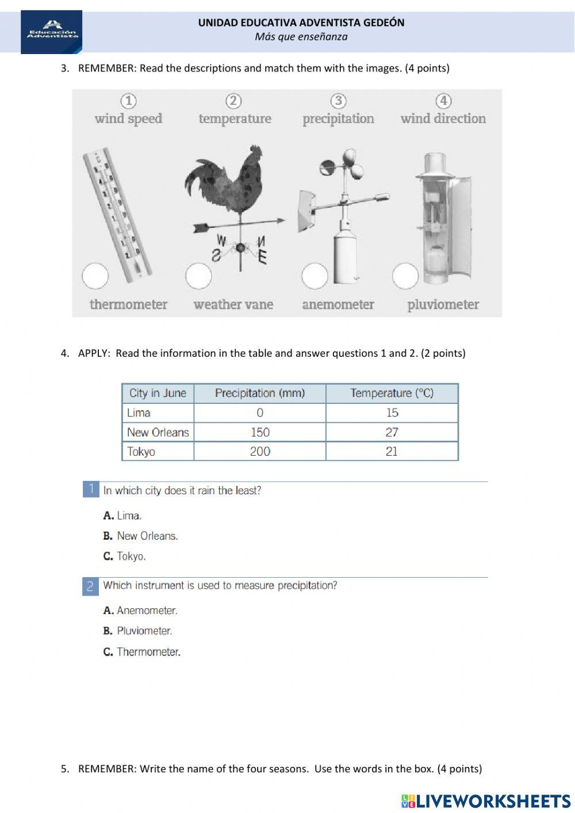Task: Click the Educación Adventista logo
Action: click(51, 32)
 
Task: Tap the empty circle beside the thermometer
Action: click(95, 276)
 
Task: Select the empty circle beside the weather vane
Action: click(198, 276)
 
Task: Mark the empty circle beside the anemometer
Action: click(315, 276)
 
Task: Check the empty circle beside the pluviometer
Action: click(405, 276)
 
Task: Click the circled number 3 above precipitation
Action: click(339, 101)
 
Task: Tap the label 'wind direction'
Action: click(443, 119)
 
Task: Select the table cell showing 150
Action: click(260, 432)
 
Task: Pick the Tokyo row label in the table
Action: click(141, 452)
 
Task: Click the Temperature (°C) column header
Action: click(392, 394)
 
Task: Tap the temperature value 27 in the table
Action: click(392, 432)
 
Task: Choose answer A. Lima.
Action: click(122, 516)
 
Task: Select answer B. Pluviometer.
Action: click(138, 631)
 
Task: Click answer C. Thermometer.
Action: click(142, 652)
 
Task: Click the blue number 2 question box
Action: click(90, 586)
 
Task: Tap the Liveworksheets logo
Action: click(486, 801)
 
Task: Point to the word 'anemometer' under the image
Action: click(338, 304)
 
